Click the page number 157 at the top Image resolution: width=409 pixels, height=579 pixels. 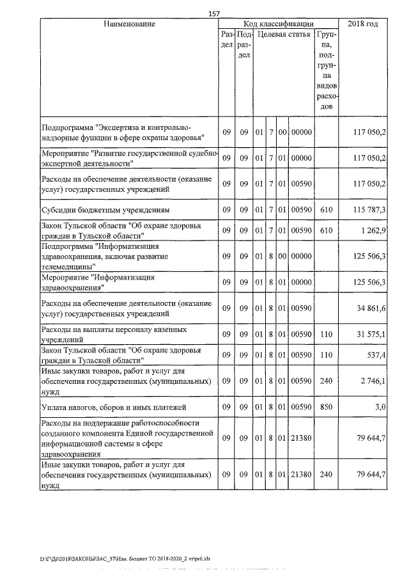(214, 13)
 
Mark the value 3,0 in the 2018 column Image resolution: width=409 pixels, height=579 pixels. (379, 406)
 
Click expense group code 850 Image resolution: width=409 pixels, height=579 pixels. (327, 406)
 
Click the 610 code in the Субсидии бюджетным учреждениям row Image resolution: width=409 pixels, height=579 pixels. (327, 209)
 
